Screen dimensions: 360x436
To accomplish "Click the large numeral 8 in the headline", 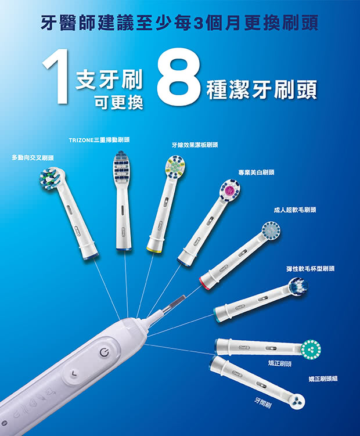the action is pyautogui.click(x=179, y=75).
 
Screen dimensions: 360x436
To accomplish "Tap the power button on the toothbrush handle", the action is pyautogui.click(x=103, y=353).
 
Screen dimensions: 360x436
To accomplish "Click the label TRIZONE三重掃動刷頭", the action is pyautogui.click(x=99, y=140).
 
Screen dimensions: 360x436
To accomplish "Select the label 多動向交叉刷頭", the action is pyautogui.click(x=33, y=158).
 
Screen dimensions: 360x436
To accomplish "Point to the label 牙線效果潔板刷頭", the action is pyautogui.click(x=195, y=145).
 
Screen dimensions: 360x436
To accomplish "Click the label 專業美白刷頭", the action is pyautogui.click(x=256, y=172).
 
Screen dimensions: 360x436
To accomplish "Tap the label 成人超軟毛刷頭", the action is pyautogui.click(x=295, y=210).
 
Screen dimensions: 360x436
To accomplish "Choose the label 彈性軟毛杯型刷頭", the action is pyautogui.click(x=311, y=269).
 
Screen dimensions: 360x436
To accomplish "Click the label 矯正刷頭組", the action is pyautogui.click(x=323, y=379).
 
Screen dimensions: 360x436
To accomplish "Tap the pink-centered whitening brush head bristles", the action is pyautogui.click(x=230, y=190).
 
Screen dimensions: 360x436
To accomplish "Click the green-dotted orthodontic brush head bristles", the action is pyautogui.click(x=311, y=348).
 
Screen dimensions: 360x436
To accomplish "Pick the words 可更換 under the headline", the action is pyautogui.click(x=119, y=103).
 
